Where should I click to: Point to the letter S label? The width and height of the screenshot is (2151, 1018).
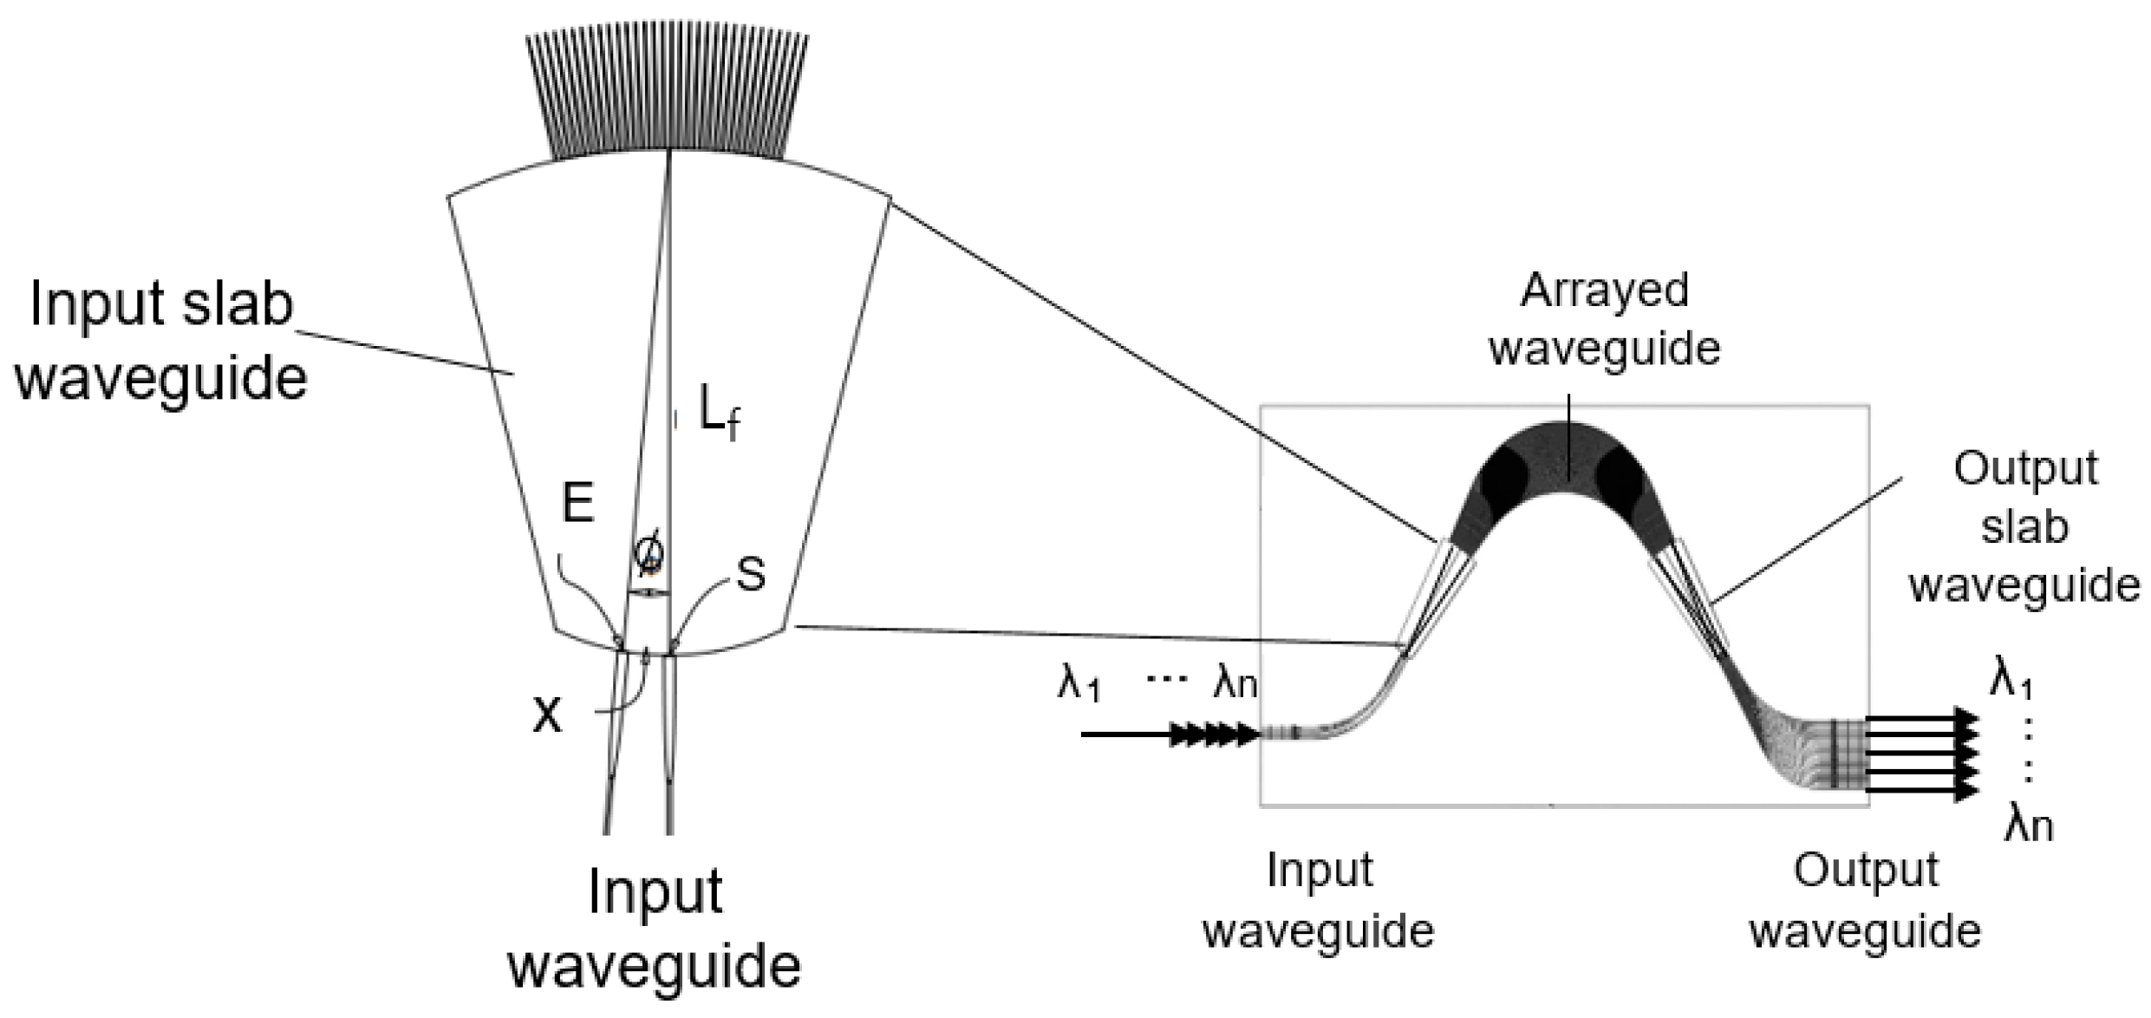pos(751,574)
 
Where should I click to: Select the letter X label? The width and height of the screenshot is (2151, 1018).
pos(546,715)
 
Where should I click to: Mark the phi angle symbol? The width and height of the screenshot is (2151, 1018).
pos(649,553)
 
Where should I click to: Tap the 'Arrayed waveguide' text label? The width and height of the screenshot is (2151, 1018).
pos(1604,320)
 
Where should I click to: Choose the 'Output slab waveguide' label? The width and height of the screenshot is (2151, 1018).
pos(2024,527)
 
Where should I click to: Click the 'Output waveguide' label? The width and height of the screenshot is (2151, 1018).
pos(1865,901)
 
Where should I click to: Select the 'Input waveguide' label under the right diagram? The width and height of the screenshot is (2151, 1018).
pos(1319,901)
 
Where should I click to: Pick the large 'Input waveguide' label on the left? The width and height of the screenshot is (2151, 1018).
pos(655,928)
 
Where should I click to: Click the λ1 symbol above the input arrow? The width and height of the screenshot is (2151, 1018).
pos(1079,682)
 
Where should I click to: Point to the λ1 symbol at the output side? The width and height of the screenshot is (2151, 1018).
pos(2011,677)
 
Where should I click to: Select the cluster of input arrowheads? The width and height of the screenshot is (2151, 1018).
pos(1214,734)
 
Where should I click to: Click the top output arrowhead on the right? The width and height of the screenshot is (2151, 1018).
pos(1966,720)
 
